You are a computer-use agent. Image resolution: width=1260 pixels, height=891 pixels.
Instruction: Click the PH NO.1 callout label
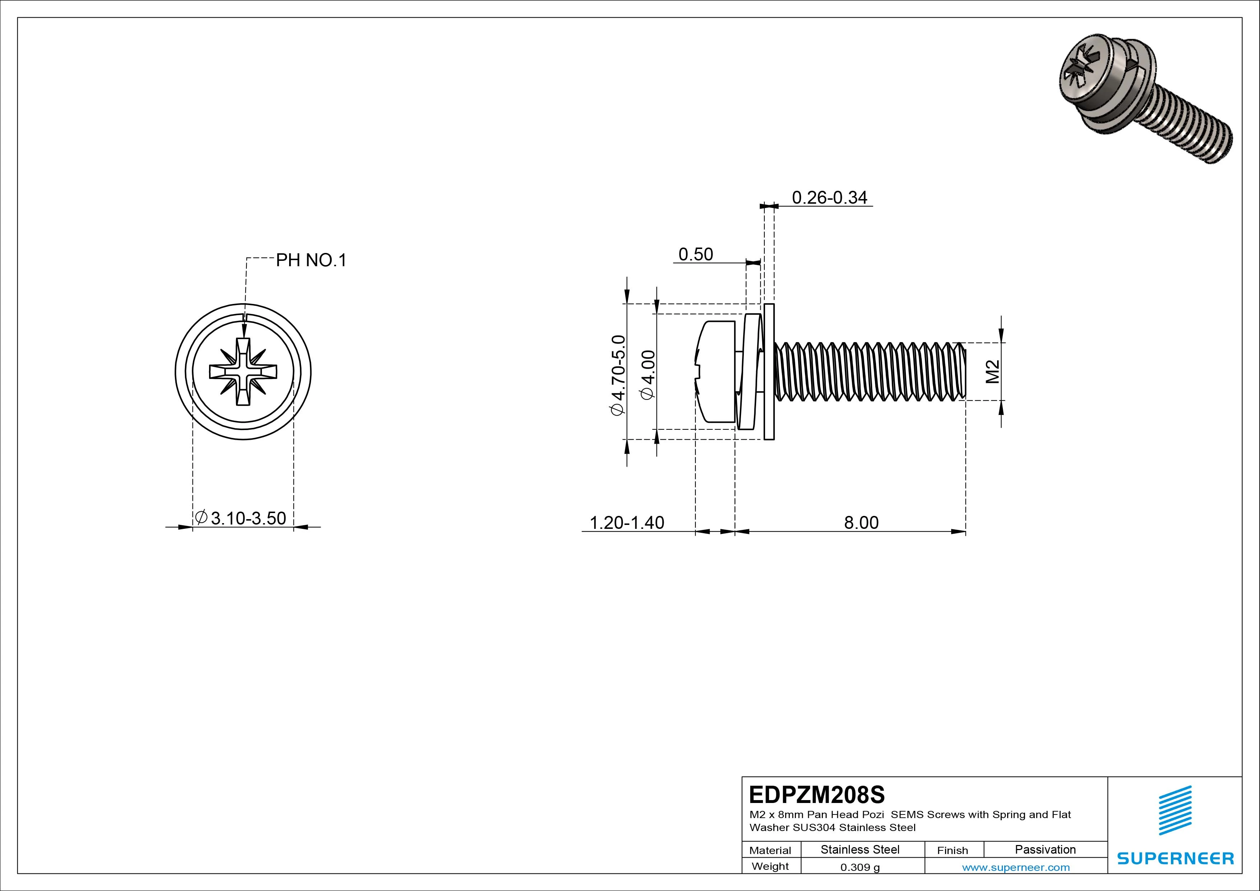(311, 260)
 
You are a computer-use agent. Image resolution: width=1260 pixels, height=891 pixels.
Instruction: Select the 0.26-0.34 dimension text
(829, 197)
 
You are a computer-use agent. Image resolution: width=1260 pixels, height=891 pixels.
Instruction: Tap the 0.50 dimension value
(695, 254)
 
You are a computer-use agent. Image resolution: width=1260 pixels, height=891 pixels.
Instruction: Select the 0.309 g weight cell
(860, 867)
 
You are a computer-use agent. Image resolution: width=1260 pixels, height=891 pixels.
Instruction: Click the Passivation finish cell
(1045, 849)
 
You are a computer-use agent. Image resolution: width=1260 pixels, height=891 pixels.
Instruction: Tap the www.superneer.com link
(1015, 867)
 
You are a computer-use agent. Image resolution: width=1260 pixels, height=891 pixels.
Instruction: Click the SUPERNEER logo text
(1176, 858)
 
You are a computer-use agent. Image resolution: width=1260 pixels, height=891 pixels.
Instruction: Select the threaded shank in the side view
(870, 371)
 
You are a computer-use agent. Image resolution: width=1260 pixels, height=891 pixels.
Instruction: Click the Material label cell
(770, 850)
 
